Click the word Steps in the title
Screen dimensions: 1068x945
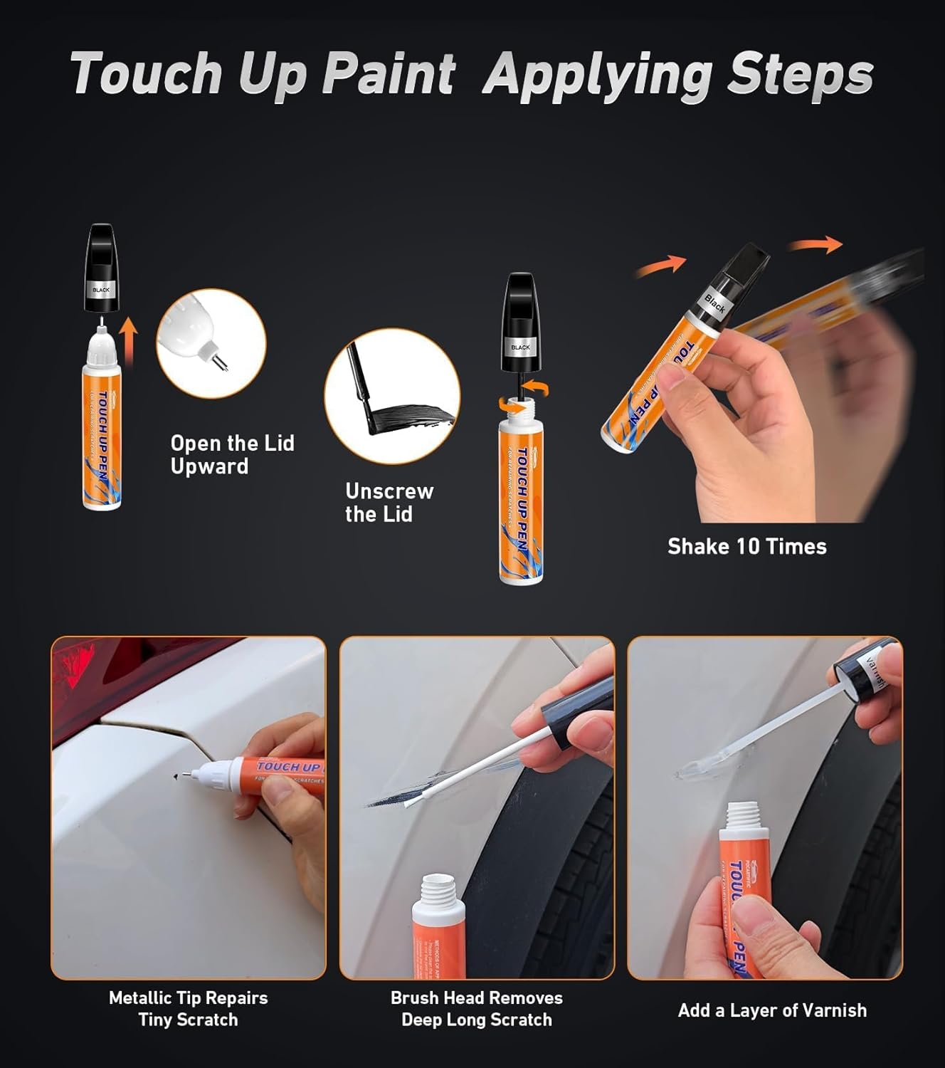(x=799, y=73)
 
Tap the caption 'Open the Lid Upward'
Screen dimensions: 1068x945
(x=232, y=454)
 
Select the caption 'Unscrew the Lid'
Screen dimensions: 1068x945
(x=389, y=502)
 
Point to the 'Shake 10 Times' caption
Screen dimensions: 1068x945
(x=746, y=546)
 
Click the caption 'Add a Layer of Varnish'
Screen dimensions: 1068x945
(x=772, y=1010)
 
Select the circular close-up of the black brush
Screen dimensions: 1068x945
(x=392, y=397)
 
